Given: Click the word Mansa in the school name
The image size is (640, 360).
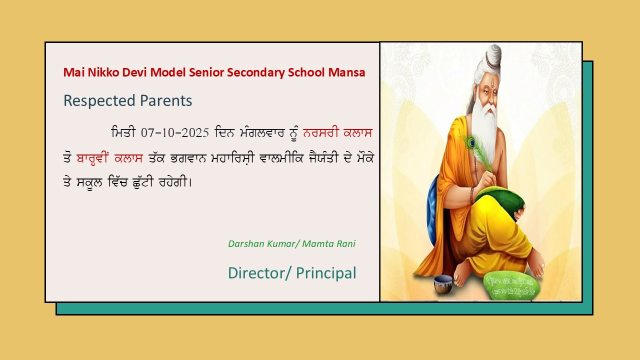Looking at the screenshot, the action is [346, 72].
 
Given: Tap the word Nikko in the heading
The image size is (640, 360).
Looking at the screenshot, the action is [103, 72].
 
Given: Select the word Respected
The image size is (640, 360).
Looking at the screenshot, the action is [99, 101].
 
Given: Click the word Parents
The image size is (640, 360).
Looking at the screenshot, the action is [166, 100].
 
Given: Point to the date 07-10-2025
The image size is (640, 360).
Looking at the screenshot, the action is [175, 133].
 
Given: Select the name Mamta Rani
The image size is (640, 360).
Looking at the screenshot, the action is [329, 243].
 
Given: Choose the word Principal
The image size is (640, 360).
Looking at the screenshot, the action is [326, 273].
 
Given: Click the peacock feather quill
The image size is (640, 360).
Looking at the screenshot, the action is [477, 153].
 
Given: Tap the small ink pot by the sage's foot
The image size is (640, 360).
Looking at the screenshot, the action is [443, 283].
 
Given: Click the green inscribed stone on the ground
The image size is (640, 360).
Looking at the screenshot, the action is [512, 285].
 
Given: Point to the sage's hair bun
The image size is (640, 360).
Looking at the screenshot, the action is [492, 57].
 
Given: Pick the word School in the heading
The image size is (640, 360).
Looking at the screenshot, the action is [306, 72].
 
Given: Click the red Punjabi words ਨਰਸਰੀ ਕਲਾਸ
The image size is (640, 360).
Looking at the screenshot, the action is [337, 133].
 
